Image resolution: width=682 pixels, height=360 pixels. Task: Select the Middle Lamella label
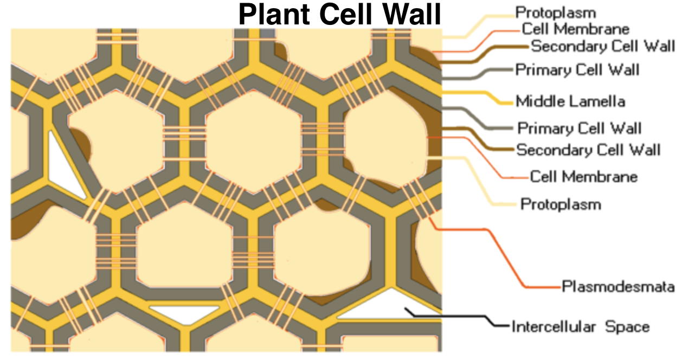coord(570,101)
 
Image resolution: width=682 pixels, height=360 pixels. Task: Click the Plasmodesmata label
coord(618,286)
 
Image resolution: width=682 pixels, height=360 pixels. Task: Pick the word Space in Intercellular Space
coord(627,327)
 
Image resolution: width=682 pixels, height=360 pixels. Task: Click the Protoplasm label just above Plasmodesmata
coord(561,204)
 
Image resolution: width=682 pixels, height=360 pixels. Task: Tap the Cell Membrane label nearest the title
coord(575,29)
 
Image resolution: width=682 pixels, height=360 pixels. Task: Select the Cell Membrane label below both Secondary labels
coord(583,177)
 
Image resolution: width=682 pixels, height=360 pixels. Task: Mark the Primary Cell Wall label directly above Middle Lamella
coord(577,70)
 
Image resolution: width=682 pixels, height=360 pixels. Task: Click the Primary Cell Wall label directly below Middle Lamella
coord(579,128)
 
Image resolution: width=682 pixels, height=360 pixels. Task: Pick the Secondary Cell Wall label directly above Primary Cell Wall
coord(603,46)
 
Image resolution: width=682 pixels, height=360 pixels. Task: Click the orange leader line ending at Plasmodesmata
coord(504,255)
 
